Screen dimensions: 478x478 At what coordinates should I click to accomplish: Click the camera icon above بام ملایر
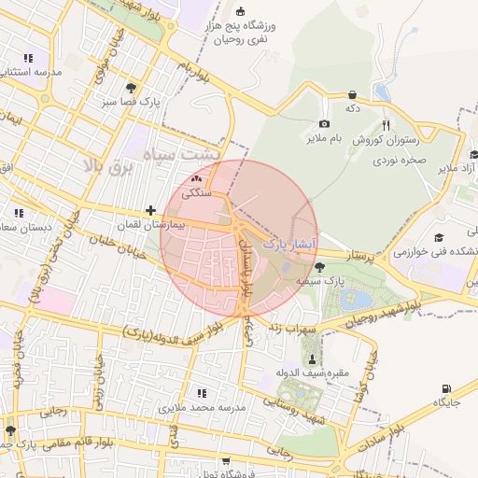[x=324, y=124]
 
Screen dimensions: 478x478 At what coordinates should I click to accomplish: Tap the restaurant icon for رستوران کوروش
[x=386, y=125]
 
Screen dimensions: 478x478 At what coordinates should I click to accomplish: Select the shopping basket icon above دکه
[x=352, y=94]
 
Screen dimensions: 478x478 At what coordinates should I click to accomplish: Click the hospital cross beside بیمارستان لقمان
[x=150, y=211]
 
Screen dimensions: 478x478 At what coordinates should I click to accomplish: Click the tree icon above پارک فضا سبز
[x=130, y=87]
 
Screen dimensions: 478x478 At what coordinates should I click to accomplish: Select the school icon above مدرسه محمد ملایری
[x=200, y=393]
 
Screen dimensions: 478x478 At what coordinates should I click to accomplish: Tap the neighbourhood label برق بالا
[x=104, y=166]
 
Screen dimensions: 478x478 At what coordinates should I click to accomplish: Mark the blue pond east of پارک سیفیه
[x=358, y=300]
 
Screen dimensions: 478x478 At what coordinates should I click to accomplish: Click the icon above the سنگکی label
[x=196, y=178]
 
